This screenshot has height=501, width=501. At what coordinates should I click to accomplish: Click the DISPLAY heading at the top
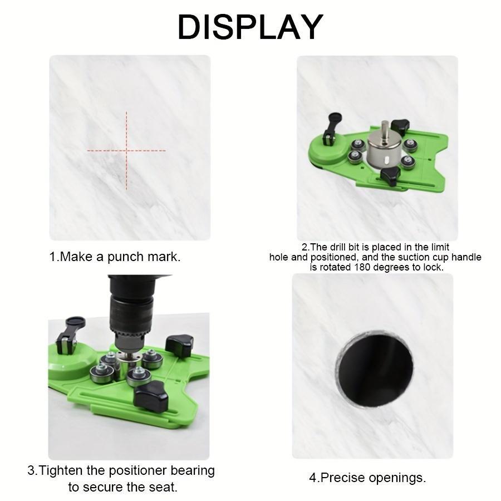(250, 27)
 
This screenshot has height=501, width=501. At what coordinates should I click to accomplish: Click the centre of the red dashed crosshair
(126, 150)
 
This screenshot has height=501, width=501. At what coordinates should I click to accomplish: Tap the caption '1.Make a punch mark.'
(115, 257)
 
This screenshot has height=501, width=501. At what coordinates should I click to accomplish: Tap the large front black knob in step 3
(151, 396)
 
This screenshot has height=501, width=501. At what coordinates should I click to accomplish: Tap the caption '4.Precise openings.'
(367, 477)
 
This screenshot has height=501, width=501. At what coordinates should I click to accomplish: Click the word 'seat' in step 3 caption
(161, 487)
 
